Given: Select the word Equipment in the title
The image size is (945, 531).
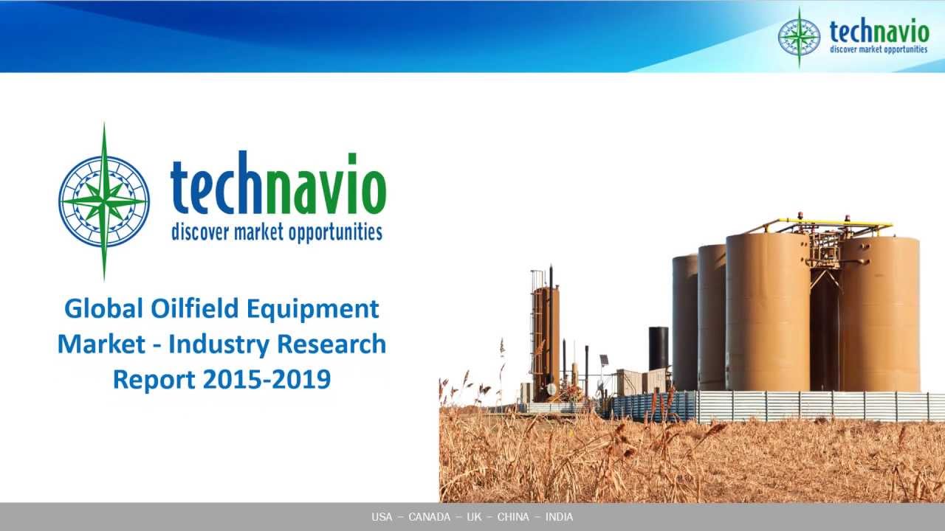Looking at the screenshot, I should pos(312,308).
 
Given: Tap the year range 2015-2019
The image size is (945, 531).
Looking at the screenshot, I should pos(266,379).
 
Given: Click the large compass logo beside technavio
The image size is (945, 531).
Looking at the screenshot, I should pos(104,201).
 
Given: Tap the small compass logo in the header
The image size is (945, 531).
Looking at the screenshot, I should pos(799,37).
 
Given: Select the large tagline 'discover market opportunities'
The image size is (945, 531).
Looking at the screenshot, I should pos(277,233).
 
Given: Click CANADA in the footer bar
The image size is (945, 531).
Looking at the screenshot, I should pos(429,517).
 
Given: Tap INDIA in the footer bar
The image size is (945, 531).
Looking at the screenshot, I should pos(559,517).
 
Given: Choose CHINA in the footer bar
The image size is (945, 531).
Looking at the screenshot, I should pos(513,517).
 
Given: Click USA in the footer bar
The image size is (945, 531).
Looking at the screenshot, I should pos(382,517).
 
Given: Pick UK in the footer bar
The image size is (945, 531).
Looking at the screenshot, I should pos(473,517).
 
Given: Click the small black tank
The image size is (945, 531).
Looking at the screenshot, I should pos(659,348).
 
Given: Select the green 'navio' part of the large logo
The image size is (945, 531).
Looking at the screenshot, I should pos(325,190).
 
